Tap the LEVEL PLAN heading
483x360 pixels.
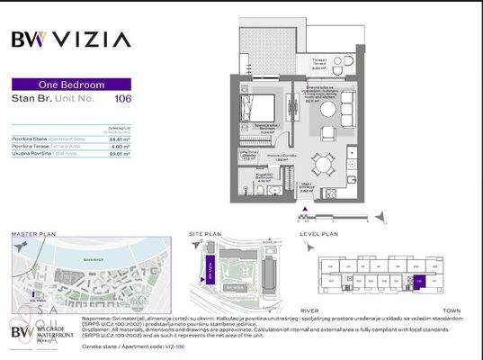(319, 233)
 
